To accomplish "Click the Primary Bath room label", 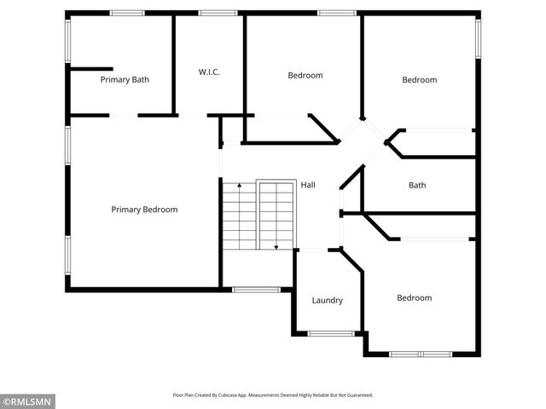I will click(x=125, y=80).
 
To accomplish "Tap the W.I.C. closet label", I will click(x=209, y=72).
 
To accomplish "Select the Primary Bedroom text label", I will click(x=144, y=210).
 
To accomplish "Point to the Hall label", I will click(x=308, y=185).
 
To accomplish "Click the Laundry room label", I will click(x=327, y=300).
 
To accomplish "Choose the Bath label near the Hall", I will click(x=417, y=185).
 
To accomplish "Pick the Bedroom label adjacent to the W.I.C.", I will click(x=305, y=76).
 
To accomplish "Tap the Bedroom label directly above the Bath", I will click(x=419, y=80).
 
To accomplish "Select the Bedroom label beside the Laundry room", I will click(x=414, y=298).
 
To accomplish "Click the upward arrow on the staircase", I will click(x=240, y=185).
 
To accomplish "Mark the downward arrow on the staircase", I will click(x=276, y=245).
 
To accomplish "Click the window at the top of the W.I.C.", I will click(x=218, y=13).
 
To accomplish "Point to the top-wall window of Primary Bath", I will click(x=127, y=13).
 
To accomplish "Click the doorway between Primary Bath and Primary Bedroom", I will click(x=124, y=115).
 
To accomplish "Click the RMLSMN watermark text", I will click(x=29, y=400).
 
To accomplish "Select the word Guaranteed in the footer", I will click(x=359, y=395).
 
